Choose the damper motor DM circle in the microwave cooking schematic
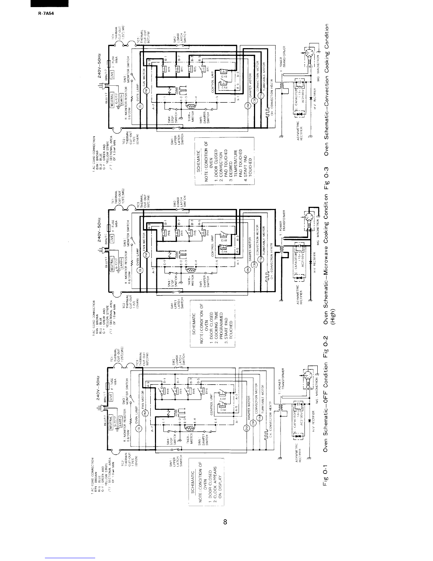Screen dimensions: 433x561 click(x=247, y=271)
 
